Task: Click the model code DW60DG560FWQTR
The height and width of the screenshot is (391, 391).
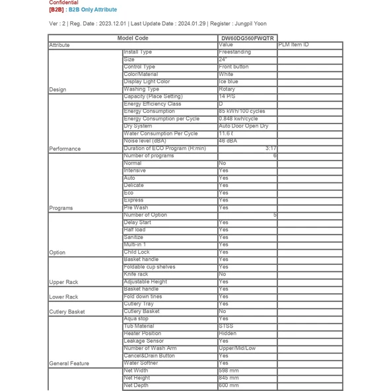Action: coord(247,38)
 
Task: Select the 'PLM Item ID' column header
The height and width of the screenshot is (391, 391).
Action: coord(293,45)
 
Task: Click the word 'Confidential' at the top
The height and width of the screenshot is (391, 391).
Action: coord(63,3)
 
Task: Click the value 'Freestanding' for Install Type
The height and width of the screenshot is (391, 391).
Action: coord(235,52)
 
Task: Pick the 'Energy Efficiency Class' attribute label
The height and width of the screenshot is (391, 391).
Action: coord(152,104)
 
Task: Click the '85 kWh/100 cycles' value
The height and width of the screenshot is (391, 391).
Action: coord(242,112)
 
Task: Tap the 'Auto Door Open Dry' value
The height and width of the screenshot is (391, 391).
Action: coord(244,126)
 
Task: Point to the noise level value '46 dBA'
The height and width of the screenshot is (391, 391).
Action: coord(228,141)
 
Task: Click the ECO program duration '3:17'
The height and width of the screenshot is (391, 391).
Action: coord(270,149)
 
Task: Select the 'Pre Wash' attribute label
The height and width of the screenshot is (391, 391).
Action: coord(136,208)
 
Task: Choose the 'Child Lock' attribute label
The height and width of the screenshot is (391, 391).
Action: coord(137,252)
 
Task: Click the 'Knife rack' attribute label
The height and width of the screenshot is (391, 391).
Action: coord(136,274)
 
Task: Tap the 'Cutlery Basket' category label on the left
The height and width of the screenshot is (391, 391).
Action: coord(67,312)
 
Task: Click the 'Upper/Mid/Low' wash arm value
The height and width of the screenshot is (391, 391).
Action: coord(237,349)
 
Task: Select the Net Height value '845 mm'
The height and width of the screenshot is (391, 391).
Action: coord(229,378)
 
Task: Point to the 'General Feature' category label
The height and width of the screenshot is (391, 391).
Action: coord(69,364)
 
